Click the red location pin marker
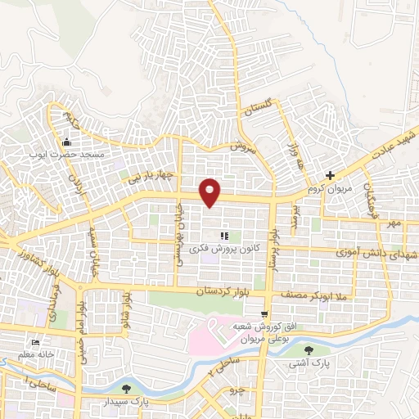(210, 191)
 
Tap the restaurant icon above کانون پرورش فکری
(223, 236)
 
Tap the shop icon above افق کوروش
(264, 313)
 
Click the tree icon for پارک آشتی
(307, 350)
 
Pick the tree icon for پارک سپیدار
(125, 389)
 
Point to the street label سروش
(243, 146)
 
